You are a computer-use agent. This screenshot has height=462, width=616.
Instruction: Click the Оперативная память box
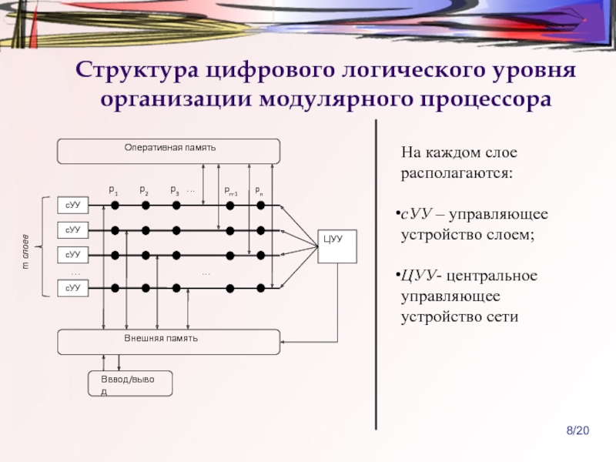click(x=169, y=151)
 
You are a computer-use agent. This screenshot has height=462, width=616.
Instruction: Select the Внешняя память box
click(x=169, y=342)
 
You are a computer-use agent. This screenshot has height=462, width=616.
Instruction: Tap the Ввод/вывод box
click(x=130, y=383)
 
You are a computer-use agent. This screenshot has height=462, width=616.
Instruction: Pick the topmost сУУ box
click(x=73, y=206)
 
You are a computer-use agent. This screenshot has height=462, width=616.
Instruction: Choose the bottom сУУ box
click(x=73, y=288)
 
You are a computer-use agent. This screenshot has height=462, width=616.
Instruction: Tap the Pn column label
click(x=259, y=190)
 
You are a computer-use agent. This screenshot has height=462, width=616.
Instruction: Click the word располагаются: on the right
click(x=455, y=174)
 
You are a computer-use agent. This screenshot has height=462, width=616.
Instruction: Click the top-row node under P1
click(x=115, y=206)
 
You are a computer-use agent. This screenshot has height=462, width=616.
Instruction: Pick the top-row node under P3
click(x=176, y=206)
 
